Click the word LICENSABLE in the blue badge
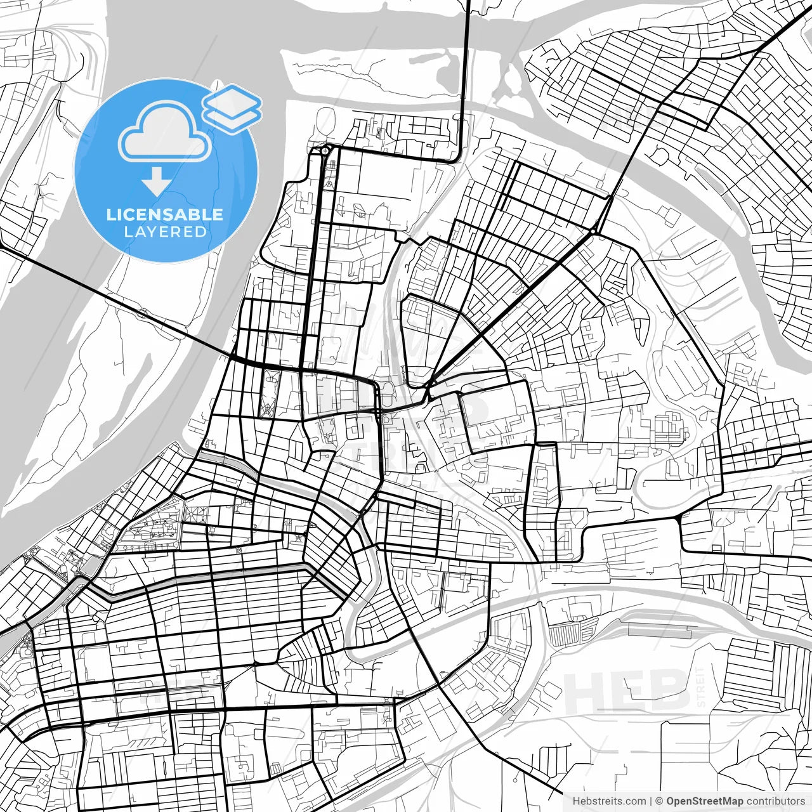coord(164,214)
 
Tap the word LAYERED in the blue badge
coord(165,232)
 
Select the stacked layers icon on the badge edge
coord(232,108)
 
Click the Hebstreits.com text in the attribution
coord(609,801)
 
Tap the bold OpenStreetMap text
coord(705,801)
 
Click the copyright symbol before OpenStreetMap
coord(659,801)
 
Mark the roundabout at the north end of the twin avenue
coord(325,151)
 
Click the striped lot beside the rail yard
coord(565,634)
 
